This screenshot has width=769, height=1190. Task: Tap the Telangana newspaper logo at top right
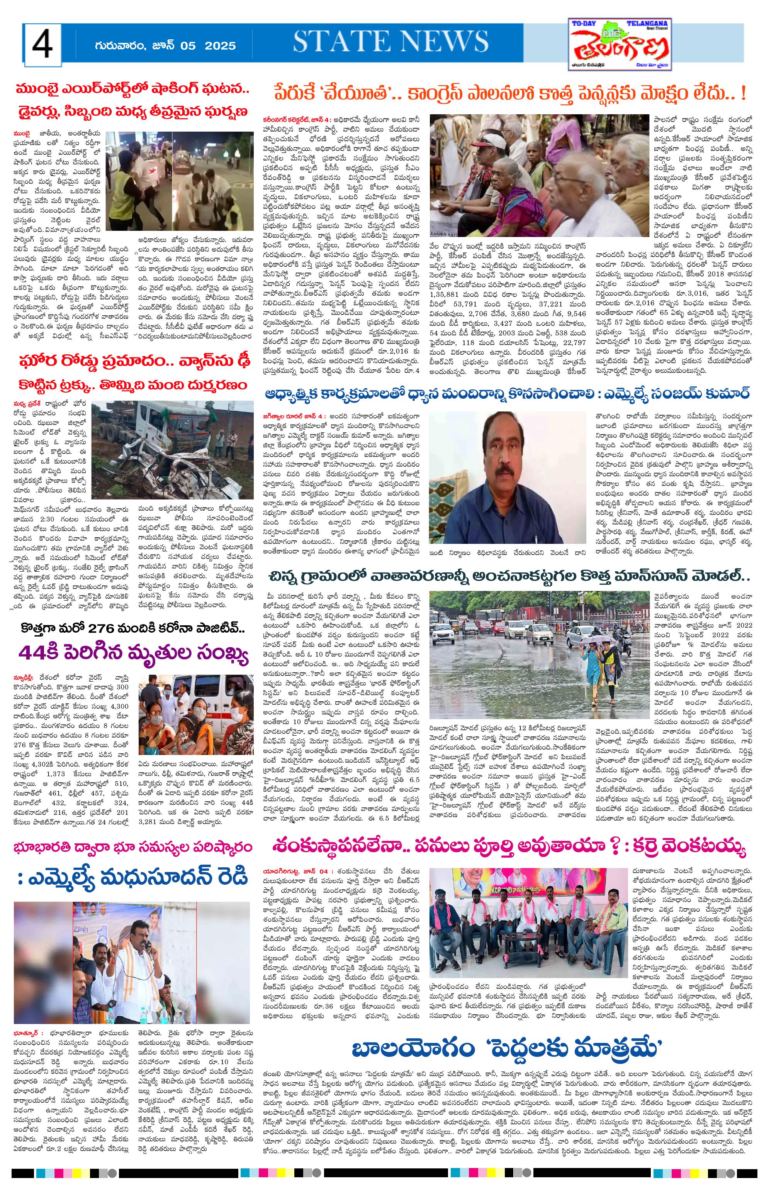coord(621,44)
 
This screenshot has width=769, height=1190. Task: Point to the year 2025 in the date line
coord(220,46)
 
